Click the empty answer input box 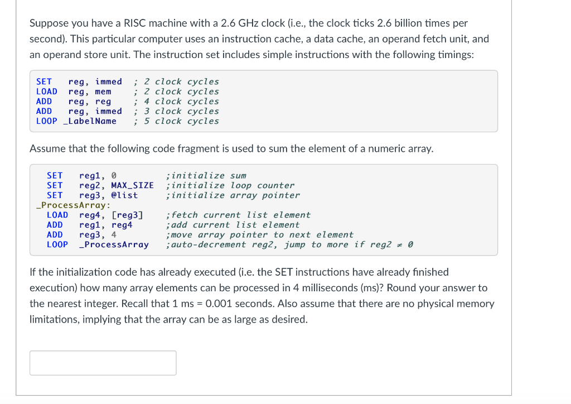(x=103, y=363)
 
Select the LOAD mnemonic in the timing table (x=46, y=92)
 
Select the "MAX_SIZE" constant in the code (x=132, y=185)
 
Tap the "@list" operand (x=124, y=195)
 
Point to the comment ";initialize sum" (x=206, y=176)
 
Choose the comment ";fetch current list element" (x=238, y=215)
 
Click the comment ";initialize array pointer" (x=233, y=195)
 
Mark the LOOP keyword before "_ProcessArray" (x=57, y=244)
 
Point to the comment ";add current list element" (x=233, y=225)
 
